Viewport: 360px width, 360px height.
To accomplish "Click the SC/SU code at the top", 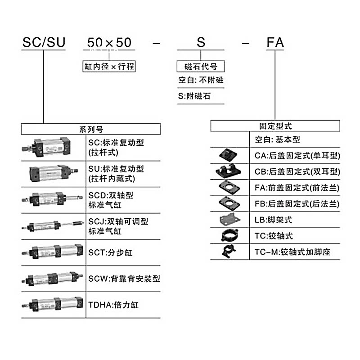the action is pos(44,42).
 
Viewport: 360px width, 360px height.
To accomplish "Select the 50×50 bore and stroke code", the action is pos(109,42).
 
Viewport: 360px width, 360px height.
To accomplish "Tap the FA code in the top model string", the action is pos(275,42).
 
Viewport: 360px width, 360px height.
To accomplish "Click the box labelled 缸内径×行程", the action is pos(109,66).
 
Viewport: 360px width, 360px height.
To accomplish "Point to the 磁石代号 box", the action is pos(201,66).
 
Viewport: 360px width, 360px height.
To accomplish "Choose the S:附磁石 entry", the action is pos(194,96).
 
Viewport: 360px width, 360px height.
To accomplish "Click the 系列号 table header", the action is pos(91,129).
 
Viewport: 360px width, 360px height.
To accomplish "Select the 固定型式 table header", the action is pos(275,126).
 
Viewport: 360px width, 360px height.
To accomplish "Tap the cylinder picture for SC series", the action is pos(46,148).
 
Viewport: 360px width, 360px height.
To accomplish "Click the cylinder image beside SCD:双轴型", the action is pos(52,199).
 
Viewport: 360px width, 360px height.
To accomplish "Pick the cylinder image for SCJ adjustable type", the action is pos(53,226).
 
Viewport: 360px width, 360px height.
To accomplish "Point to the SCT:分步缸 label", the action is pos(110,252).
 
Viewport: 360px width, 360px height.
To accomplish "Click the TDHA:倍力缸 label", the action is pos(113,305).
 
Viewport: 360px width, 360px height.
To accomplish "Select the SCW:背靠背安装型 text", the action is pos(124,279).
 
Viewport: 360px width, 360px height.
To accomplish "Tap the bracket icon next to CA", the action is pos(228,155).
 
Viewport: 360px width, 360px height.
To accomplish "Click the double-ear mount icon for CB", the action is pos(228,171).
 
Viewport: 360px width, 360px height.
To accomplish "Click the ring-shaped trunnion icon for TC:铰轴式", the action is pos(229,235).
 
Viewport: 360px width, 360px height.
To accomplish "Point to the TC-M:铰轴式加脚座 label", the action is pos(292,252).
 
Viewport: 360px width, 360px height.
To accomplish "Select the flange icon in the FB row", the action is pos(229,203).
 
